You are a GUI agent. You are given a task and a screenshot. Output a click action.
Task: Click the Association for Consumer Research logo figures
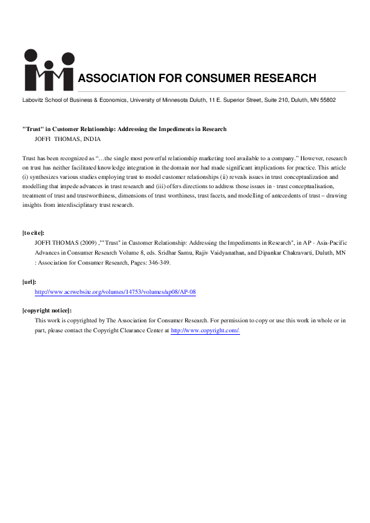click(x=48, y=69)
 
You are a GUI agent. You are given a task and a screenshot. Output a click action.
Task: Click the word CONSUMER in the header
click(x=215, y=78)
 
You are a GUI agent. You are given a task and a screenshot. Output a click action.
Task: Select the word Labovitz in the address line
click(x=33, y=100)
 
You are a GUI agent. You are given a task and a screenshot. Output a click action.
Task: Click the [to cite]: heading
click(x=34, y=233)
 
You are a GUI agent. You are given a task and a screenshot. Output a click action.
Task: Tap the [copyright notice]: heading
click(x=47, y=311)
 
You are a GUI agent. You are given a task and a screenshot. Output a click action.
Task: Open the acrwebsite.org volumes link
click(x=116, y=291)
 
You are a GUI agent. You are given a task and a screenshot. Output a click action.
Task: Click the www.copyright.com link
click(x=205, y=330)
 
